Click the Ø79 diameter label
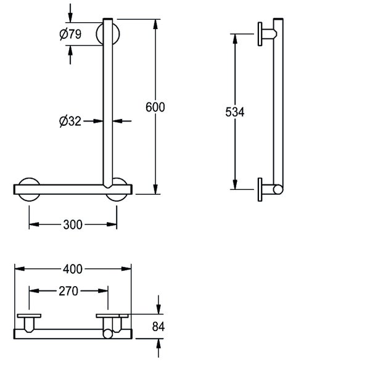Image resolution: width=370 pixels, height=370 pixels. [x=70, y=34]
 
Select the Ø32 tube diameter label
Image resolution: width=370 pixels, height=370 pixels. [x=70, y=121]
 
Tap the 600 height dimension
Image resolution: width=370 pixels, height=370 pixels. [x=155, y=107]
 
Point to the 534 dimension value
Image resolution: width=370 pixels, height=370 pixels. [x=235, y=112]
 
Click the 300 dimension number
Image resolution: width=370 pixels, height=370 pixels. [x=73, y=224]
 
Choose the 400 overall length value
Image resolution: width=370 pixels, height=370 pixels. [x=73, y=269]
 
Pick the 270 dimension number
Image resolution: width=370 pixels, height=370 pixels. [x=68, y=291]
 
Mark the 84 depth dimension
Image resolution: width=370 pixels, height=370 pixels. [x=158, y=327]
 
